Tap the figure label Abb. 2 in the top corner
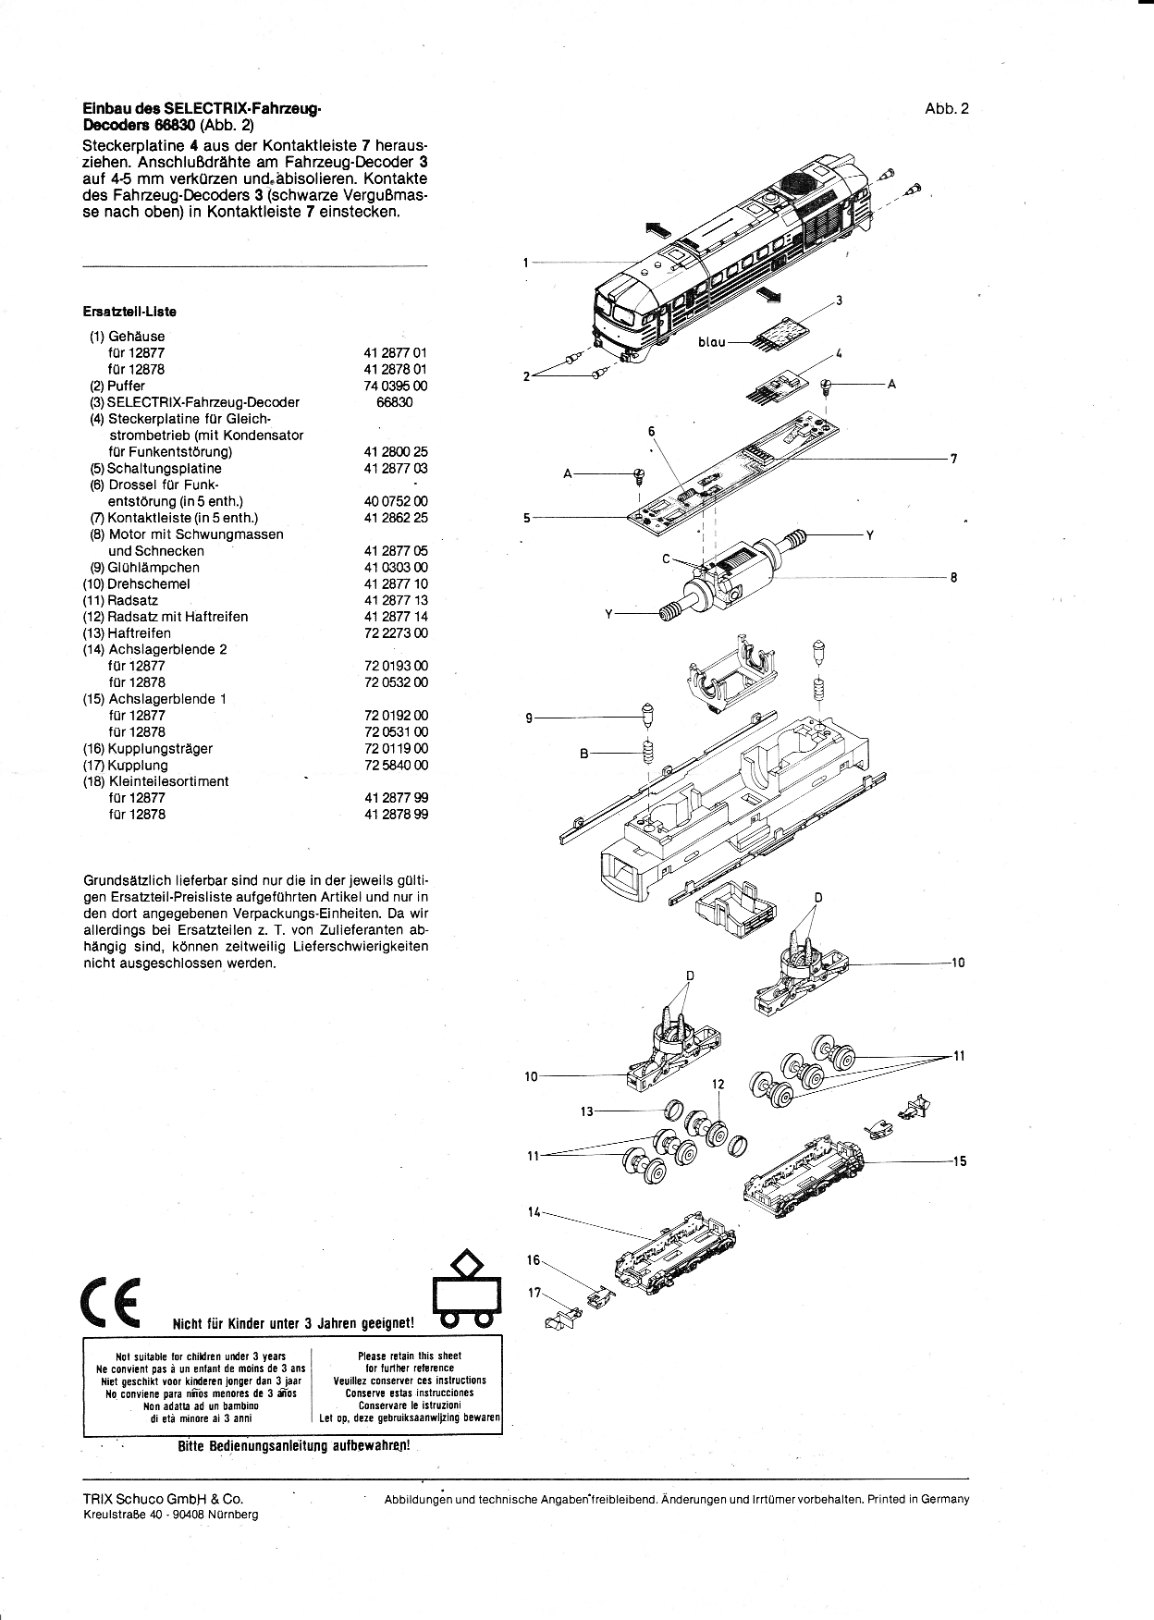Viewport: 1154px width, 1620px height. coord(946,109)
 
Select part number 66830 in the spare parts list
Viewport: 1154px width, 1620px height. coord(395,402)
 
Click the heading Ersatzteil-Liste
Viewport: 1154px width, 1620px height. coord(129,312)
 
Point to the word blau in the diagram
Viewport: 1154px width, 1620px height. coord(712,342)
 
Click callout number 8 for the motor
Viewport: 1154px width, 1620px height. coord(953,578)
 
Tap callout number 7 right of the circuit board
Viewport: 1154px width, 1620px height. coord(953,459)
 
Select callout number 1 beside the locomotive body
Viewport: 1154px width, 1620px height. coord(525,263)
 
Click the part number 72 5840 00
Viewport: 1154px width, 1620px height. coord(396,765)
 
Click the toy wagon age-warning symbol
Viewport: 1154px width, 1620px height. coord(467,1289)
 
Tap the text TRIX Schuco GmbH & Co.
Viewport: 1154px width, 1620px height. coord(163,1499)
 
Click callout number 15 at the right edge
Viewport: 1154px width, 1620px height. coord(959,1160)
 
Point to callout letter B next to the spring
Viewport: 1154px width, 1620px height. coord(583,754)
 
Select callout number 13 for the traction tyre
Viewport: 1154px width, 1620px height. coord(586,1111)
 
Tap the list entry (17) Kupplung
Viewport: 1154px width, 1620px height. coord(126,765)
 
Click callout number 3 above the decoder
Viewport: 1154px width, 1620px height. coord(839,301)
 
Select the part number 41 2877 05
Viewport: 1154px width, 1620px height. coord(396,550)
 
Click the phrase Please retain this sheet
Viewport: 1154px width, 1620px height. coord(409,1356)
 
